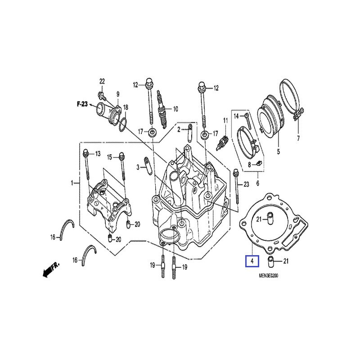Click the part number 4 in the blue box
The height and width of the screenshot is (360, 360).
point(252,261)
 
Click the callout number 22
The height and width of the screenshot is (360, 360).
point(102,81)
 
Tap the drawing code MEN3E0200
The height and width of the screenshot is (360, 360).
point(266,276)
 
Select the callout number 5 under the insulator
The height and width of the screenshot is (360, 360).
point(278,152)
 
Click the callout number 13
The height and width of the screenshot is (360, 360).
point(98,154)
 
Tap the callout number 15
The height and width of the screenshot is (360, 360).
point(109,157)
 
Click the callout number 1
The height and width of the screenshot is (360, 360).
point(72,183)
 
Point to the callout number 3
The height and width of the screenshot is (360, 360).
point(139,167)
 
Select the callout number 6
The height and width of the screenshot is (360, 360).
point(257,184)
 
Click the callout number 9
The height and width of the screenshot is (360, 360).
point(118,94)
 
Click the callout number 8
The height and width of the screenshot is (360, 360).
point(249,166)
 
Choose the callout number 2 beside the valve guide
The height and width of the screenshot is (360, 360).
point(179,130)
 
